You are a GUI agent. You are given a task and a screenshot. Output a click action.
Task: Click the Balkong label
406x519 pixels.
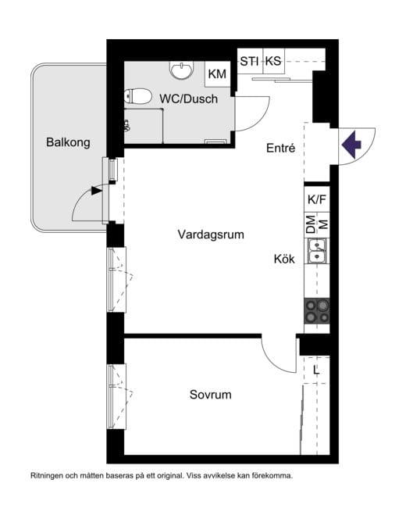tap(68, 143)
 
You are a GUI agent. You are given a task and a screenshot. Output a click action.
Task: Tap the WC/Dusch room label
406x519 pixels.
tap(188, 99)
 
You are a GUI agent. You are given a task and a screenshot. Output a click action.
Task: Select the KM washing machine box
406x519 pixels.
tap(217, 74)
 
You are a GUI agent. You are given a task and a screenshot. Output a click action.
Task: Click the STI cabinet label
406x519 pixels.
tap(250, 61)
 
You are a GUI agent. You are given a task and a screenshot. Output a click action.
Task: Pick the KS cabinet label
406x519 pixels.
tap(273, 61)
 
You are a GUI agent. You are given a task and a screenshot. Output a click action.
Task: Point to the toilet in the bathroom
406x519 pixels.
tap(138, 96)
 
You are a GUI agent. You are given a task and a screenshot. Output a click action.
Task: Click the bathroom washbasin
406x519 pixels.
tap(181, 70)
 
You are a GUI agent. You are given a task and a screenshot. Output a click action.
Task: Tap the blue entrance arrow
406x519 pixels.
tap(351, 145)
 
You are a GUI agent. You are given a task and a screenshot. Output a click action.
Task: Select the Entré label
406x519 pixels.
tap(281, 149)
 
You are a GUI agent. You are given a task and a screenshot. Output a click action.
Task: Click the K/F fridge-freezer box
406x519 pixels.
tap(317, 199)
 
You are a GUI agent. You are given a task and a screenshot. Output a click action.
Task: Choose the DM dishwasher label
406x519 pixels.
tap(311, 224)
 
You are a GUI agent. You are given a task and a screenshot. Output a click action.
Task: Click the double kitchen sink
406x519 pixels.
tap(317, 251)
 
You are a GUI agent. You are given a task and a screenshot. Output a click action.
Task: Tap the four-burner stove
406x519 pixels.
tap(317, 311)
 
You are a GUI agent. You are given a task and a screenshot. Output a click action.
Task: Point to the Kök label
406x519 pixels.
tap(284, 259)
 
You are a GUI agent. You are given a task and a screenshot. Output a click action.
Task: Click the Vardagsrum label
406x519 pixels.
tap(211, 234)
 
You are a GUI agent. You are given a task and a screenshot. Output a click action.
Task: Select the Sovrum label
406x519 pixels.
tap(211, 395)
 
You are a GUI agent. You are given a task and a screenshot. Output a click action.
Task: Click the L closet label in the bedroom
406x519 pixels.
tap(316, 370)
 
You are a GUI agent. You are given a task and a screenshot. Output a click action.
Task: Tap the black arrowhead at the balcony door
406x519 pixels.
tap(97, 191)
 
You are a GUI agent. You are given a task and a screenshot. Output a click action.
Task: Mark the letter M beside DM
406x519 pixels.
tap(324, 224)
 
